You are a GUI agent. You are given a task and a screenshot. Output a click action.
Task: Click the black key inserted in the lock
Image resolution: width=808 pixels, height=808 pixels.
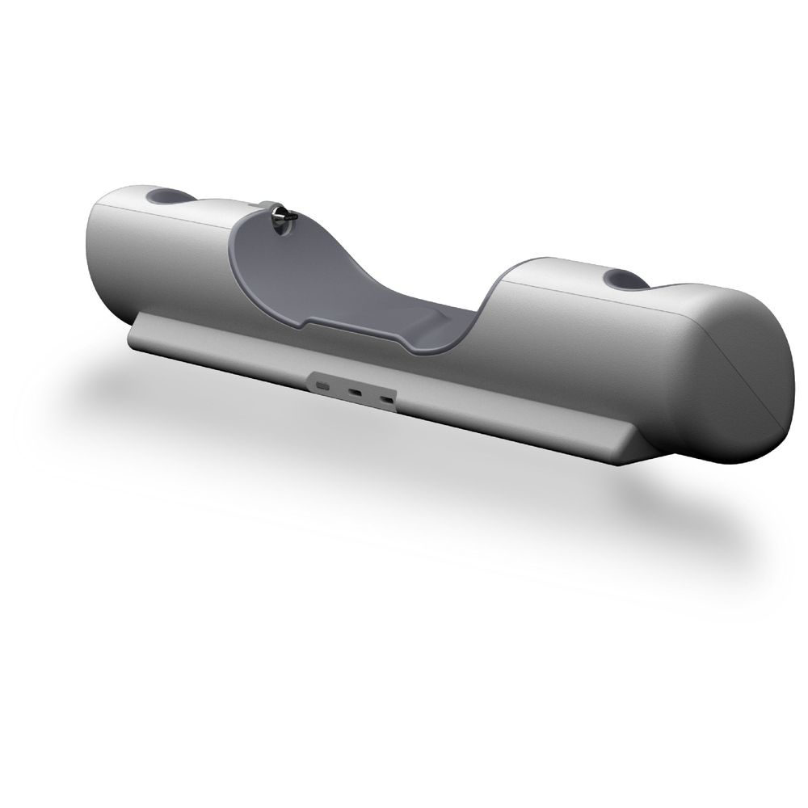pos(282,215)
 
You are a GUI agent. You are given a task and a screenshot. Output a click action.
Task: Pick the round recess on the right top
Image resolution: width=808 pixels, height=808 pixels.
pos(625,280)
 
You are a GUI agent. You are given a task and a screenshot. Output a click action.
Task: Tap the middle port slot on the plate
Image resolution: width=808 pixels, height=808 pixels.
pos(356,393)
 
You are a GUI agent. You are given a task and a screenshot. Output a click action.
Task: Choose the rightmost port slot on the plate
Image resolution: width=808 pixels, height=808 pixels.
pos(388,400)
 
